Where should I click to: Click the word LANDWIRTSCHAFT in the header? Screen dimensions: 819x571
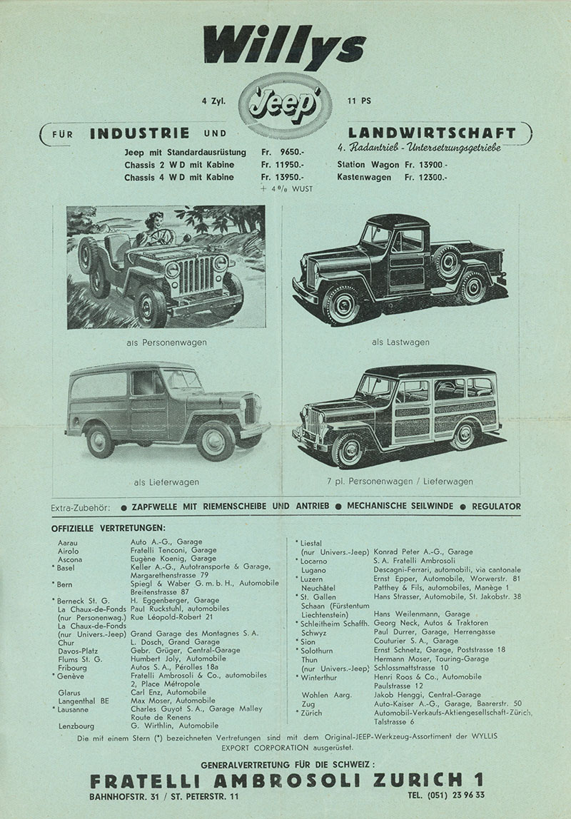(431, 133)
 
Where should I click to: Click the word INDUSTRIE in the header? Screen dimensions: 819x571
(140, 133)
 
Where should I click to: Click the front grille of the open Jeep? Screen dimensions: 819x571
(195, 275)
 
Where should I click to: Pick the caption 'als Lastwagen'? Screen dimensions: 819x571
(400, 342)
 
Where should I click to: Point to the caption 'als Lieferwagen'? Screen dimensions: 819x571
(166, 482)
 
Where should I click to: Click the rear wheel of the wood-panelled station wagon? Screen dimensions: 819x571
(465, 435)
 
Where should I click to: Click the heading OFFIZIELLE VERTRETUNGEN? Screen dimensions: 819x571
(108, 528)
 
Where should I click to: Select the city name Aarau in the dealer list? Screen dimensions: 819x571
(68, 542)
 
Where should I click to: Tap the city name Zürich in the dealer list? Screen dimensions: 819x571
(312, 713)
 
